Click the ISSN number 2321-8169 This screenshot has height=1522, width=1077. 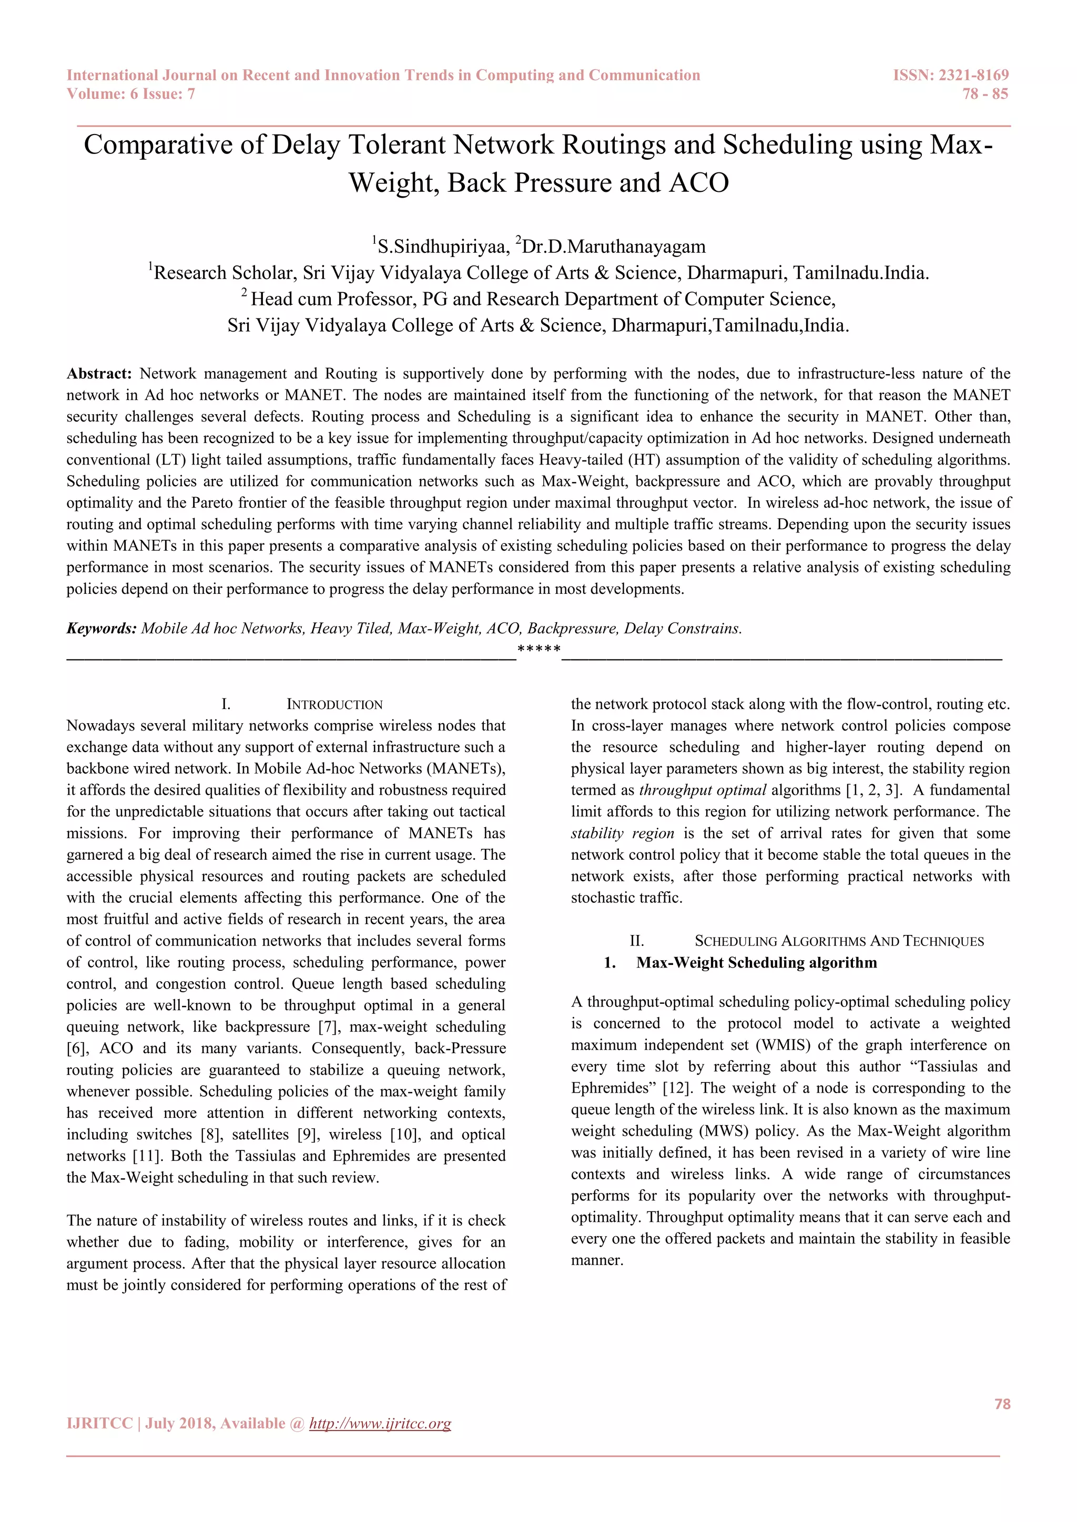973,75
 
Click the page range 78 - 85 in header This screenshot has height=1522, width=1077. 985,94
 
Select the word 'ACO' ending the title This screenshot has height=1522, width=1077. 698,183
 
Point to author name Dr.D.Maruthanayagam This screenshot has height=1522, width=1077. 614,246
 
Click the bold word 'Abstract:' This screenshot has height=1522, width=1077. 99,373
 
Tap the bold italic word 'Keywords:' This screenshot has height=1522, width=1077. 101,629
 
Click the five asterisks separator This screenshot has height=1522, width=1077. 538,649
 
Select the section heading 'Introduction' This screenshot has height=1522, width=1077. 334,704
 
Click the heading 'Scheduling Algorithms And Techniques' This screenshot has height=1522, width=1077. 839,941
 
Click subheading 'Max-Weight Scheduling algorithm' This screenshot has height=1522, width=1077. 756,962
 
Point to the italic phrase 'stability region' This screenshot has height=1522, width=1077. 622,833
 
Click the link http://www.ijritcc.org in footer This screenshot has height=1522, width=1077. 380,1423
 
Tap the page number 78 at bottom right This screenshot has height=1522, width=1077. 1002,1404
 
